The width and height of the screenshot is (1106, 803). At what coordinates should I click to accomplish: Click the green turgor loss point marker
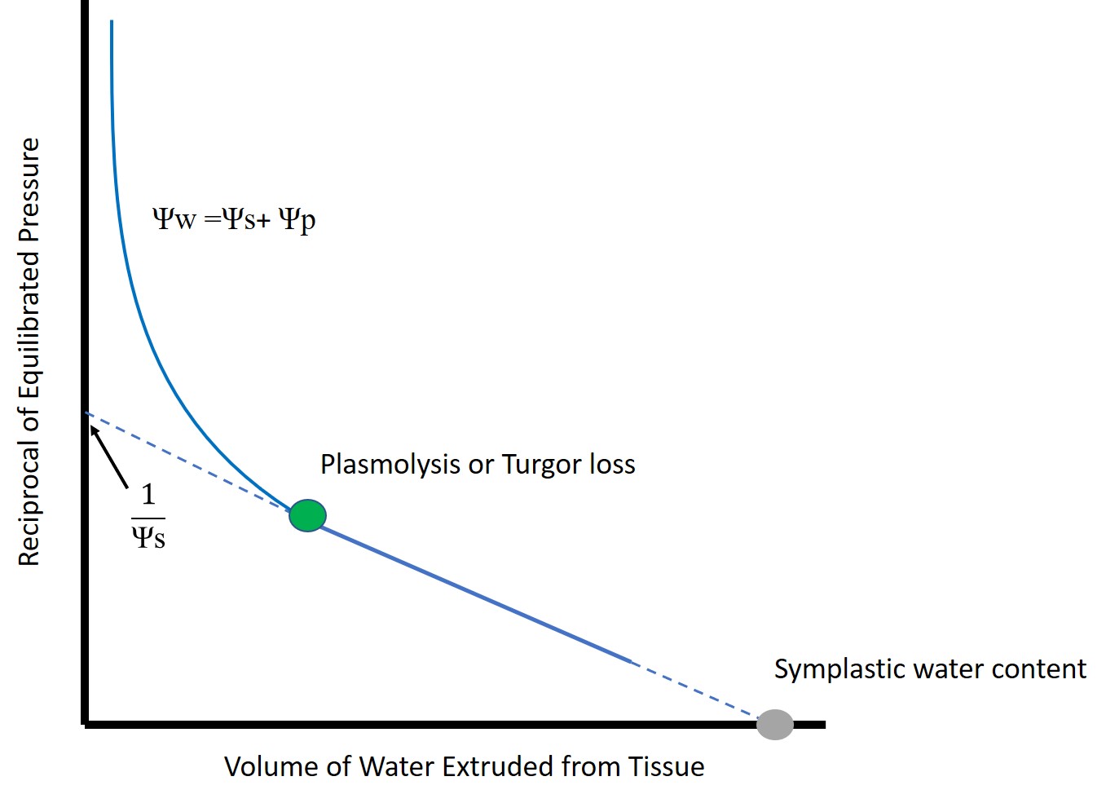point(307,515)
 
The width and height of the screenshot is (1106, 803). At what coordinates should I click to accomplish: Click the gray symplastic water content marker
point(775,725)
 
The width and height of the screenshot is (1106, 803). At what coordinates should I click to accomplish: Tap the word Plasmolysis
point(390,465)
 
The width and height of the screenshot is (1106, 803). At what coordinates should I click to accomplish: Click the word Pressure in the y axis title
point(29,190)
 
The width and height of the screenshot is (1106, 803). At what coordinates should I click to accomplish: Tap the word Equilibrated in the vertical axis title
point(29,326)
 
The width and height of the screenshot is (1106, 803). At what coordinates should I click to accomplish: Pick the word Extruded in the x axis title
point(496,766)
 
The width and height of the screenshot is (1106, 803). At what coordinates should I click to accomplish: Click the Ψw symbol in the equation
point(174,218)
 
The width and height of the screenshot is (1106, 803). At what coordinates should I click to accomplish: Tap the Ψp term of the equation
point(297,220)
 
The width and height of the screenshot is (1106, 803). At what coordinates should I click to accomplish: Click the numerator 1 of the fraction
point(148,494)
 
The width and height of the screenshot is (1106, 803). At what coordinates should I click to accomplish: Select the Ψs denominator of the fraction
point(148,536)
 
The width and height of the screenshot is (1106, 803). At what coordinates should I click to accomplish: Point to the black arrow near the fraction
point(108,457)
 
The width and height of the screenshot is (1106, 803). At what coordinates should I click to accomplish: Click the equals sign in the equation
point(213,219)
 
